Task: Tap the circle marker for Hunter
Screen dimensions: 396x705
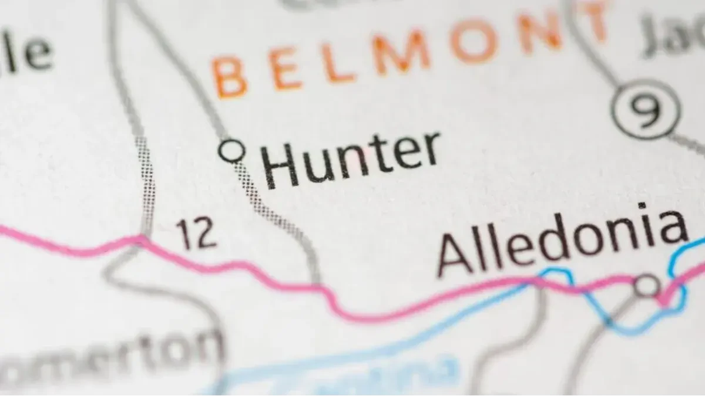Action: point(231,150)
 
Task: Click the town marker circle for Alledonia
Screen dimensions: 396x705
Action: point(647,285)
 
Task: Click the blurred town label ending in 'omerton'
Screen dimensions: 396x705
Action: point(112,358)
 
